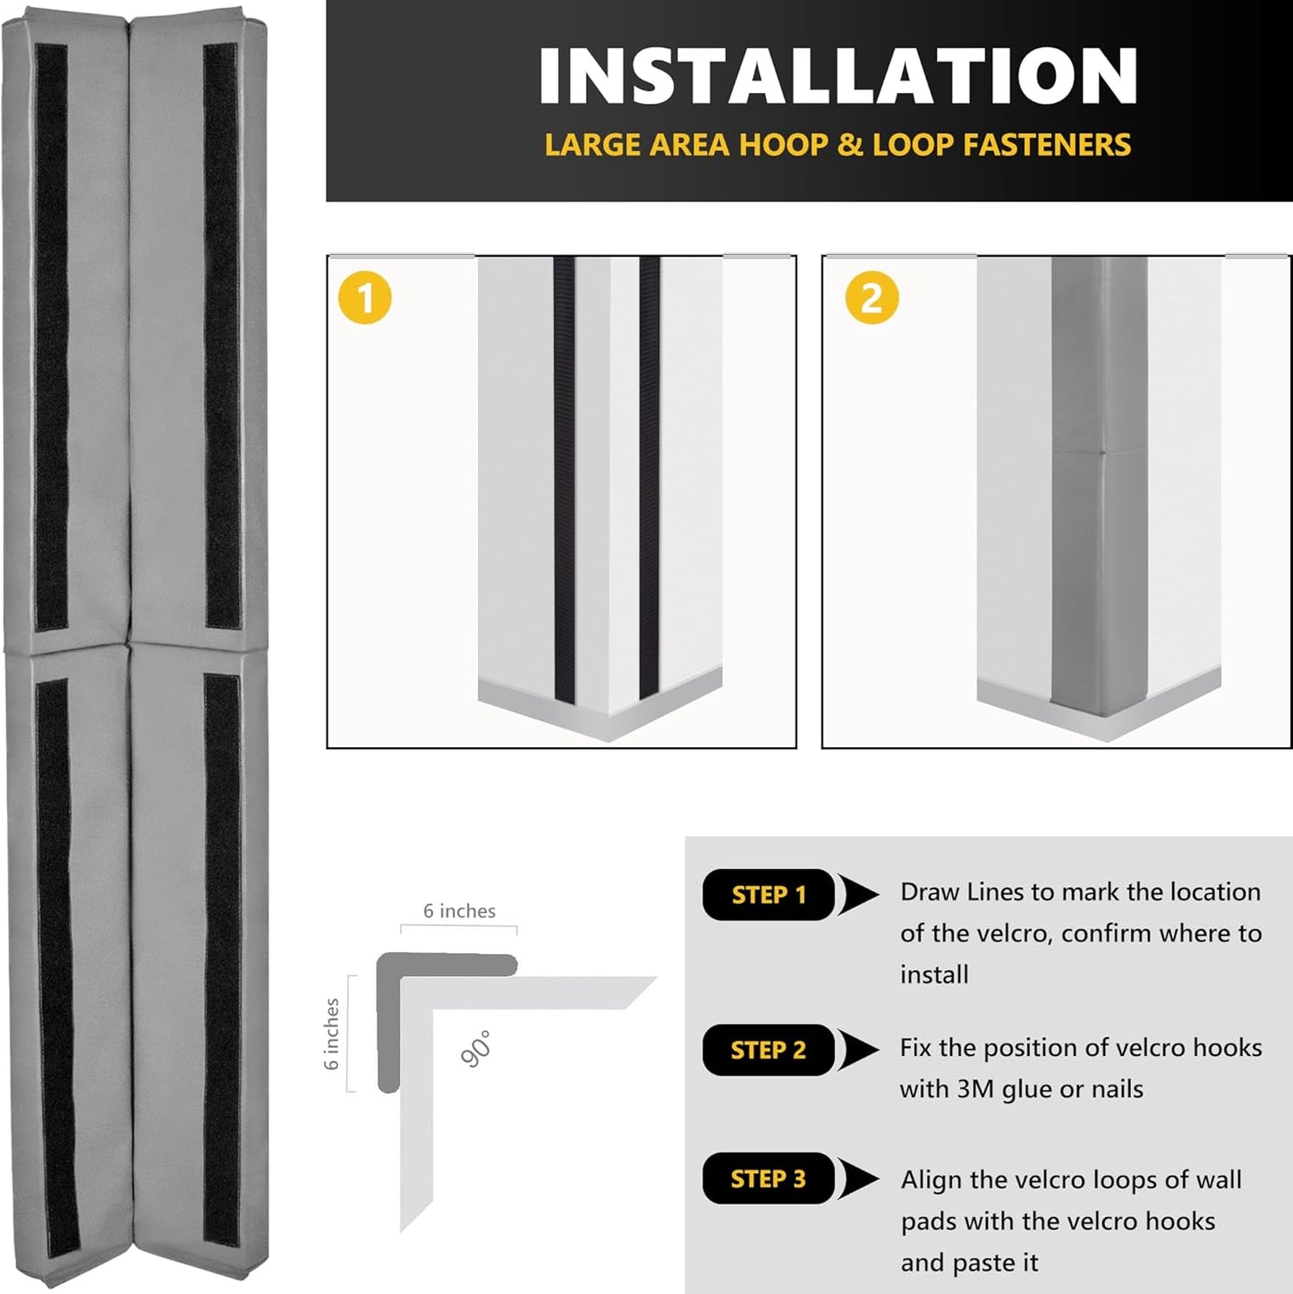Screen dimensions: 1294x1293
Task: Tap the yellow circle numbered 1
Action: pos(365,298)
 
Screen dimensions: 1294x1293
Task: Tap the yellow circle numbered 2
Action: pos(872,298)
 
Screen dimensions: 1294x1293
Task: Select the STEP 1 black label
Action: pos(769,895)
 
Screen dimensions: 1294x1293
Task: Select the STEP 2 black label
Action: pos(769,1050)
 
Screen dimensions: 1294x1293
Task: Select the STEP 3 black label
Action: pos(769,1179)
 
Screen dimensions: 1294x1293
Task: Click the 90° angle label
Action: pos(477,1049)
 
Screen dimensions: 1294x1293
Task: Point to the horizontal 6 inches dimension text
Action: pos(459,911)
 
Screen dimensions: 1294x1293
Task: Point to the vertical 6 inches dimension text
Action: pos(332,1034)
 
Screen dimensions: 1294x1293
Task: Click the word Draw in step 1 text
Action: pos(929,892)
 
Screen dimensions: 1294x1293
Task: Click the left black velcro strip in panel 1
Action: pos(564,474)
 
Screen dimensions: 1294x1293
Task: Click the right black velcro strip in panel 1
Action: pos(650,474)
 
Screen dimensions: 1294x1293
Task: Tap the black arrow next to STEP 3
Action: pos(860,1179)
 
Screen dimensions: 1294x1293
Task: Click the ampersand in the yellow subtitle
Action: pos(849,145)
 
